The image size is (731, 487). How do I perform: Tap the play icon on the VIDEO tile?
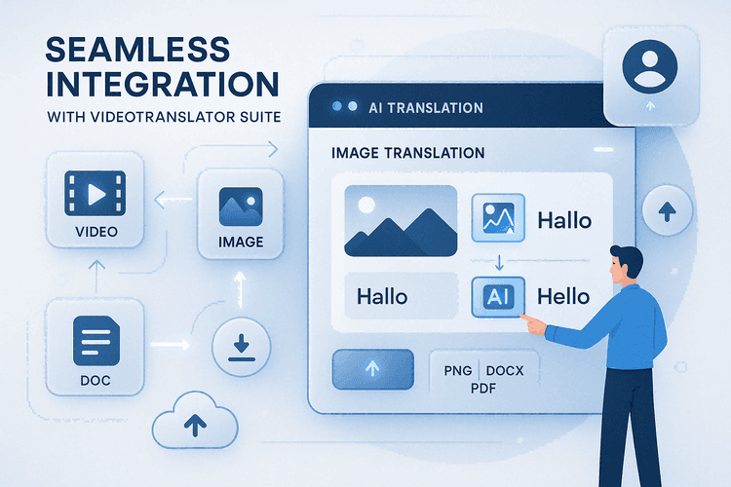pyautogui.click(x=95, y=193)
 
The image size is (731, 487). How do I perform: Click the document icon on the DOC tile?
pyautogui.click(x=96, y=341)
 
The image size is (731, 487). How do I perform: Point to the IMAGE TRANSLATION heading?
pyautogui.click(x=407, y=153)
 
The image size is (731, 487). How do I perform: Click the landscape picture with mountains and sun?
pyautogui.click(x=400, y=221)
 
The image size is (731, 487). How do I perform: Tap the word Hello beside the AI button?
pyautogui.click(x=564, y=297)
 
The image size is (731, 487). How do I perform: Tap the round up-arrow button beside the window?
pyautogui.click(x=668, y=209)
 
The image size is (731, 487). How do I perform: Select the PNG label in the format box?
pyautogui.click(x=458, y=371)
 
